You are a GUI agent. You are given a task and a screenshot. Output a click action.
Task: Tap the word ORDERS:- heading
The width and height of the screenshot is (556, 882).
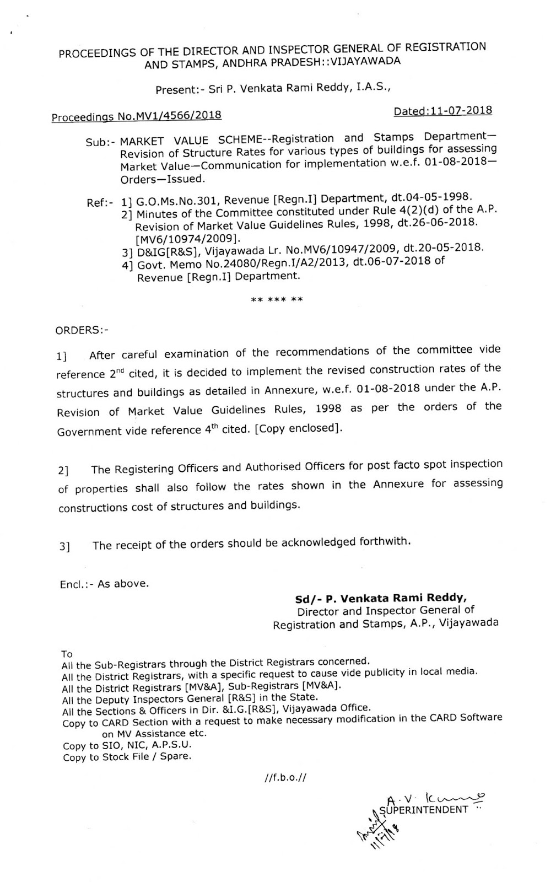[82, 330]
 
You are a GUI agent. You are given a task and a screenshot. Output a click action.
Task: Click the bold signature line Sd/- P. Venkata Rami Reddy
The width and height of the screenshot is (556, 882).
[381, 598]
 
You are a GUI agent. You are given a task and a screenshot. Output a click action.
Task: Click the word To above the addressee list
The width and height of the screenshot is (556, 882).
[67, 654]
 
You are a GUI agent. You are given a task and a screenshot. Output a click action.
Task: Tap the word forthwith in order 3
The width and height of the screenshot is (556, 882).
[385, 541]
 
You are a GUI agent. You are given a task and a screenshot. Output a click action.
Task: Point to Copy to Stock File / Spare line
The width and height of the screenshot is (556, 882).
[127, 757]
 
